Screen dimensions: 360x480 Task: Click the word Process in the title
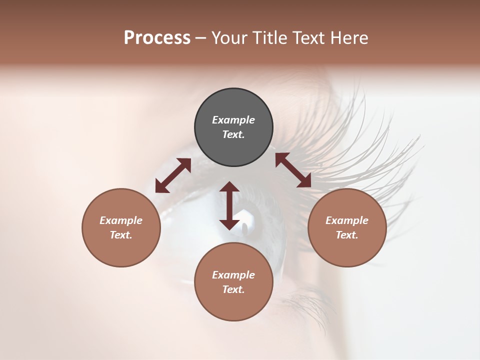(x=157, y=38)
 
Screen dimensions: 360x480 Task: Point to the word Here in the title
(x=350, y=38)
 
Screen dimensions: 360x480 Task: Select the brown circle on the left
(x=121, y=250)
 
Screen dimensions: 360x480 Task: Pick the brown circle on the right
(x=347, y=250)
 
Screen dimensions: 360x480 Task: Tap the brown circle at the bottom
(x=233, y=305)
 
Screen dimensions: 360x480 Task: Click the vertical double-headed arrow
(x=229, y=205)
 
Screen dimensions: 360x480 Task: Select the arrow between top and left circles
(x=173, y=175)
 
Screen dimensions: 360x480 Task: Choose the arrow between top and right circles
(x=293, y=170)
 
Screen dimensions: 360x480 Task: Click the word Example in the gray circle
(x=233, y=120)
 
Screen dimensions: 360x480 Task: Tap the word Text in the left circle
(x=121, y=235)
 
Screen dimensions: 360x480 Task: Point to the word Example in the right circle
(x=347, y=220)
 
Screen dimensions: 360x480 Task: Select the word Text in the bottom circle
(x=233, y=289)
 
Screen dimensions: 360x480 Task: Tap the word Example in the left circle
(x=121, y=220)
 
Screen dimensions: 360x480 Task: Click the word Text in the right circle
(x=347, y=235)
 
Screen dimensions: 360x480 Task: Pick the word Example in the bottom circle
(x=233, y=275)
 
